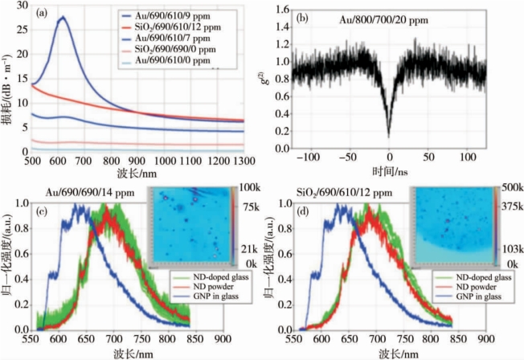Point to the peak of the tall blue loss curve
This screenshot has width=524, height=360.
[x=62, y=17]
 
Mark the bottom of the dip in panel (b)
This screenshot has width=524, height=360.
[x=389, y=137]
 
